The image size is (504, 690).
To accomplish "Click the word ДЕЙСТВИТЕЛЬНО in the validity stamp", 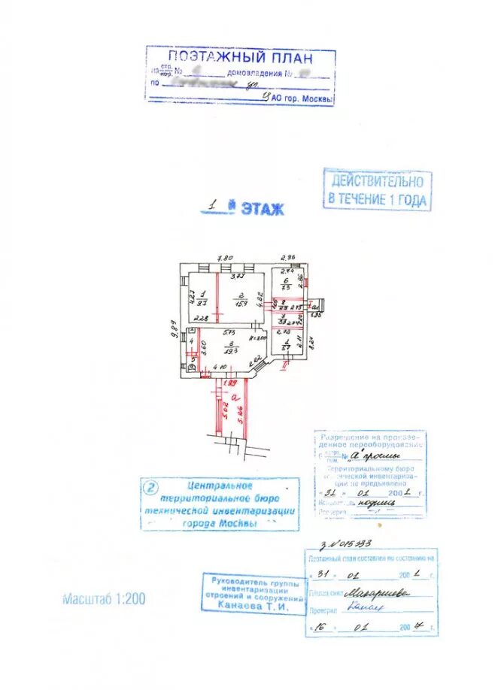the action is pos(378,181).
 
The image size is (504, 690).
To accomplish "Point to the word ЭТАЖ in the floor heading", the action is pos(263,210).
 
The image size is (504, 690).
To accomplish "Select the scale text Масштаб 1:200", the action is pos(104,599).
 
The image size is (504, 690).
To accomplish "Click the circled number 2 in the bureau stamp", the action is pos(152,489).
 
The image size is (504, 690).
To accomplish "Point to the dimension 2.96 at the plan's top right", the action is pos(289,258).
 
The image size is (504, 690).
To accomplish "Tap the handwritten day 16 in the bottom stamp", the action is pos(325,624).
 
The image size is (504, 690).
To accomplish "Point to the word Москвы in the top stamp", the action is pos(315,98).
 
